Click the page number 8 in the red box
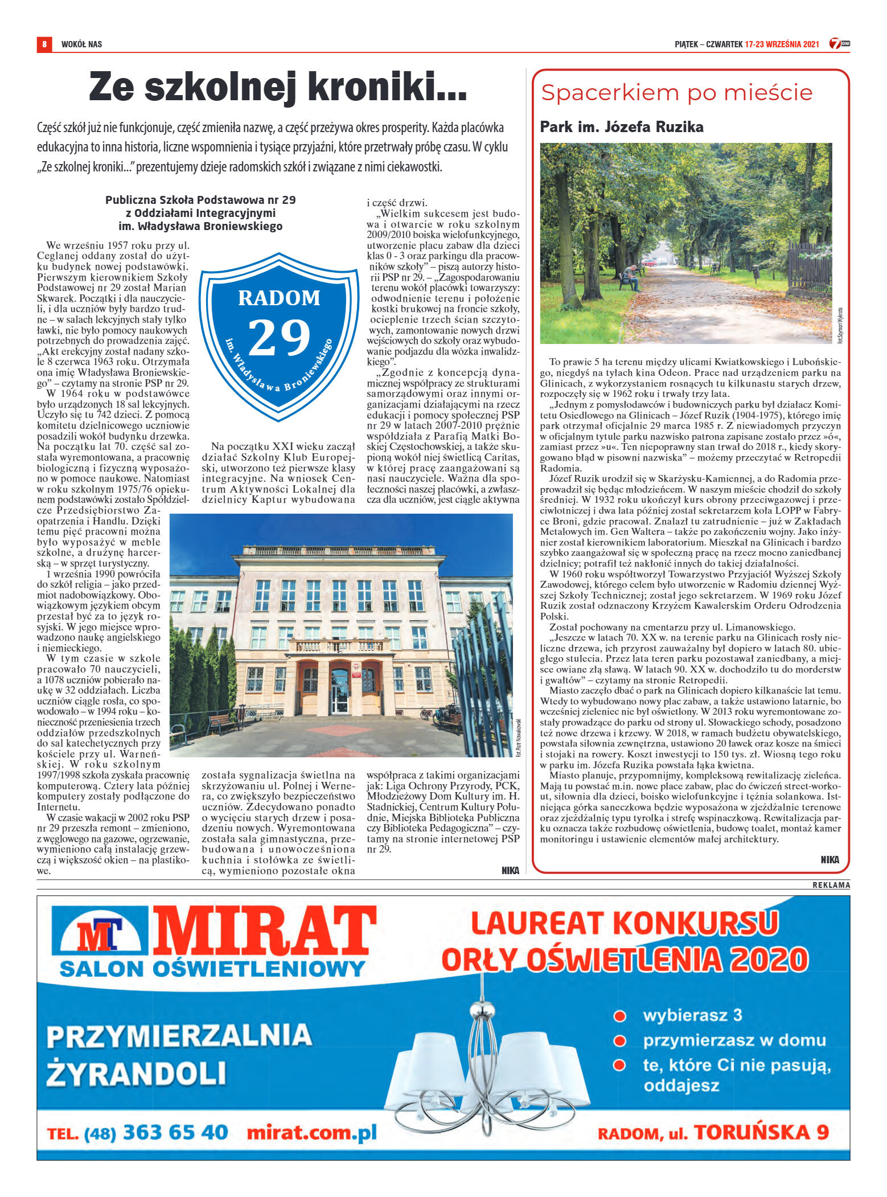pyautogui.click(x=44, y=44)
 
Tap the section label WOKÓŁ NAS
pyautogui.click(x=81, y=44)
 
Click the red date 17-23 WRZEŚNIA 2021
pyautogui.click(x=781, y=44)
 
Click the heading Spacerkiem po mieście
pyautogui.click(x=676, y=92)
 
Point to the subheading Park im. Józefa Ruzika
pyautogui.click(x=621, y=126)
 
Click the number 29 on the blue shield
pyautogui.click(x=279, y=337)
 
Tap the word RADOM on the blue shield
pyautogui.click(x=279, y=298)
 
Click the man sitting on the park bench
pyautogui.click(x=631, y=277)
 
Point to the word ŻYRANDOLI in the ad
pyautogui.click(x=136, y=1072)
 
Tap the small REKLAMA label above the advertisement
pyautogui.click(x=831, y=885)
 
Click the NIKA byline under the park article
pyautogui.click(x=829, y=859)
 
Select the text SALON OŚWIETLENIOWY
pyautogui.click(x=212, y=969)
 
